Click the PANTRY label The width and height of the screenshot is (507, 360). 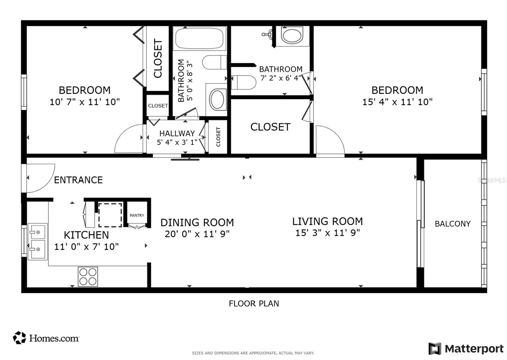(137, 215)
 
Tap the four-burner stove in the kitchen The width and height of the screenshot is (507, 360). (88, 277)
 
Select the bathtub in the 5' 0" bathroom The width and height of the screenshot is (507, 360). (199, 38)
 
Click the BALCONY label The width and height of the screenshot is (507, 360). (452, 224)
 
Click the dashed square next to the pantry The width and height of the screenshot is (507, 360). (110, 215)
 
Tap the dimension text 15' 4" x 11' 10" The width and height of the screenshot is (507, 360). (397, 102)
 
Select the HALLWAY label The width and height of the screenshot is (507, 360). (177, 133)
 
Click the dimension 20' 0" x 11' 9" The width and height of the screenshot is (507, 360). (197, 234)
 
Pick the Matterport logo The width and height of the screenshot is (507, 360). (466, 349)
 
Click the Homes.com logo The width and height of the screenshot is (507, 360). (46, 338)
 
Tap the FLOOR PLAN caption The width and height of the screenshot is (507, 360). (254, 303)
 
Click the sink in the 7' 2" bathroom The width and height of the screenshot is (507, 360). (292, 35)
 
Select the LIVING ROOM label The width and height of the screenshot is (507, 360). (327, 221)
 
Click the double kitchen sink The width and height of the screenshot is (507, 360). (37, 241)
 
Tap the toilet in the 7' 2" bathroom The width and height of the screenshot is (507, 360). (243, 82)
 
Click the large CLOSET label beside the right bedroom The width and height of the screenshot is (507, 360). (270, 127)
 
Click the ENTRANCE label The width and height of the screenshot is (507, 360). (78, 180)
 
